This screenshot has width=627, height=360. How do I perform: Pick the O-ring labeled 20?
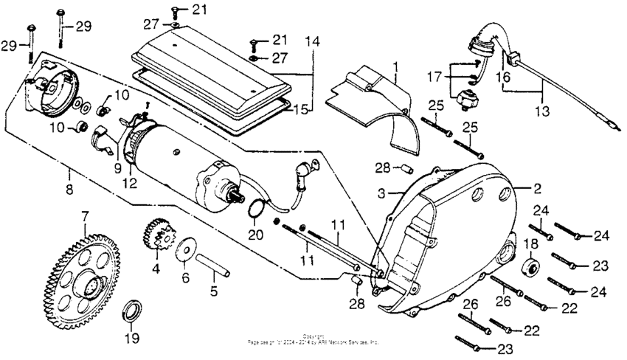[254, 210]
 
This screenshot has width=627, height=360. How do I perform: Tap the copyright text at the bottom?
[313, 341]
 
